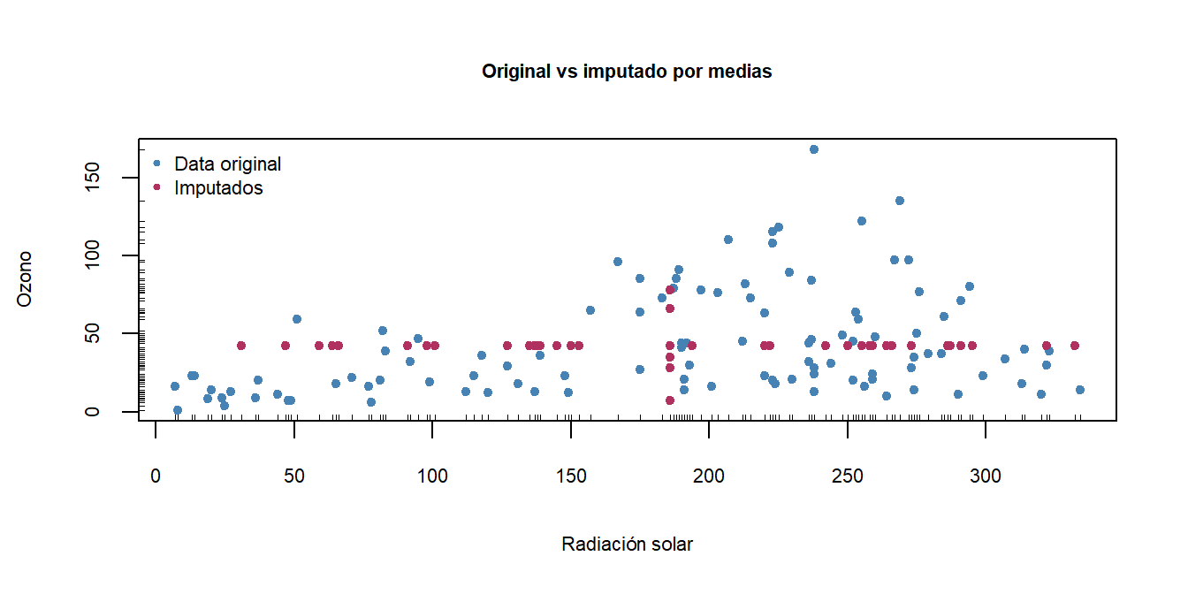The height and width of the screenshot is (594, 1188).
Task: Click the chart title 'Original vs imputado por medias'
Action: [x=627, y=72]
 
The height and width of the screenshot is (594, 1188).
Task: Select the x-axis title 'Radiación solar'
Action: [x=627, y=544]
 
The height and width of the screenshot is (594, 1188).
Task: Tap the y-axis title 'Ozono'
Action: [x=25, y=278]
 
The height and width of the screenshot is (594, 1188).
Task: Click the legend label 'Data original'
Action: [x=228, y=164]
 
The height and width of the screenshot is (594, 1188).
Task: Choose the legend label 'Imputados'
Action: [x=218, y=187]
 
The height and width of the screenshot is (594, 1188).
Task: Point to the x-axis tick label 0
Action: [x=156, y=477]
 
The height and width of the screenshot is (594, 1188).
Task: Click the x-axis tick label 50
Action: [x=294, y=477]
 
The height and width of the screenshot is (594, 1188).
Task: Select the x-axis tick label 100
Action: [x=432, y=477]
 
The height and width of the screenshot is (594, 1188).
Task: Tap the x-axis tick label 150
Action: [x=571, y=477]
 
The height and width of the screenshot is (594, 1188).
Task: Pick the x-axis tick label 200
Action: [x=709, y=477]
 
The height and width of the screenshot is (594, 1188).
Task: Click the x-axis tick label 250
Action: [x=848, y=477]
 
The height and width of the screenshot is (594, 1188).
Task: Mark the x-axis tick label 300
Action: [x=986, y=477]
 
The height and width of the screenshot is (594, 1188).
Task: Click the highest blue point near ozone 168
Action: [x=814, y=149]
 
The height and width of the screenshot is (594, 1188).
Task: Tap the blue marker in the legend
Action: [x=157, y=164]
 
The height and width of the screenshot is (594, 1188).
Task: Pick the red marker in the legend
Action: [x=157, y=187]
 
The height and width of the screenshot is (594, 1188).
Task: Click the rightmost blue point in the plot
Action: [x=1079, y=390]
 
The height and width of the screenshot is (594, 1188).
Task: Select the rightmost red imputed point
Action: [x=1075, y=346]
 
